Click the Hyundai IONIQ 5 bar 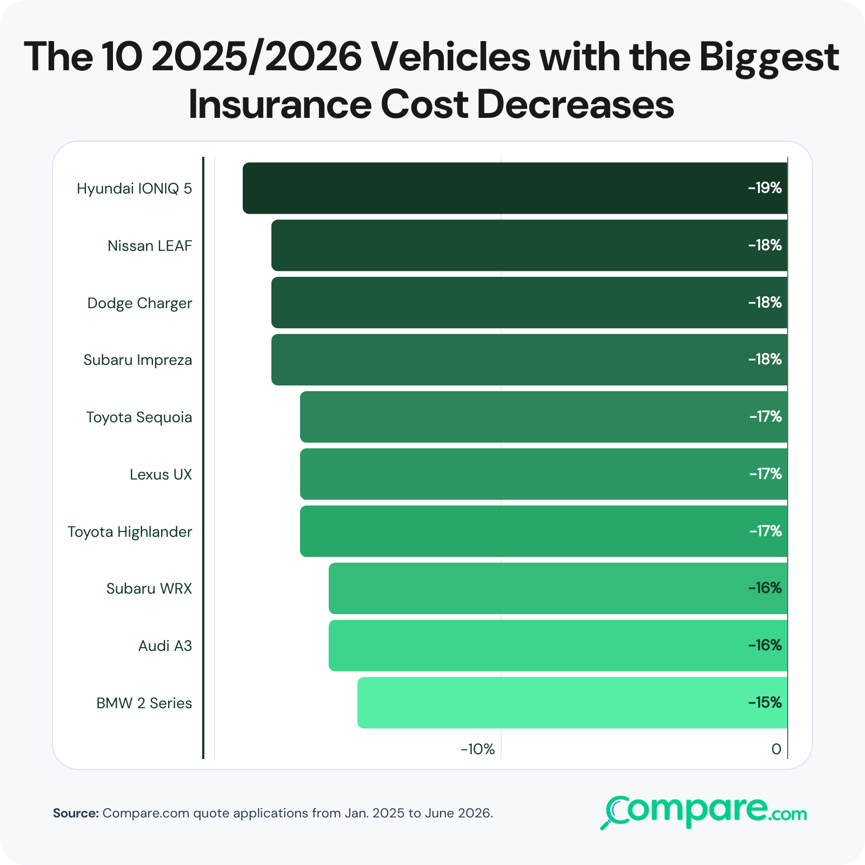(515, 188)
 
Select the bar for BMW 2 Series (573, 703)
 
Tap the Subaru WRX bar (558, 588)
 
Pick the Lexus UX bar (544, 474)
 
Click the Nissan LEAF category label (150, 246)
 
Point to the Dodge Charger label (139, 303)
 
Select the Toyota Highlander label (130, 532)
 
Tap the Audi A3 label (165, 646)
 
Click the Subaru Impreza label (138, 361)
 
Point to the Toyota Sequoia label (139, 418)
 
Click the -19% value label (765, 188)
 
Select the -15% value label (765, 703)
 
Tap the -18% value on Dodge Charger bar (765, 303)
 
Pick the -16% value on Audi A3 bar (765, 646)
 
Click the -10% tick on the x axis (477, 749)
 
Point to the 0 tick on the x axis (776, 749)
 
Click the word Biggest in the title (769, 59)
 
